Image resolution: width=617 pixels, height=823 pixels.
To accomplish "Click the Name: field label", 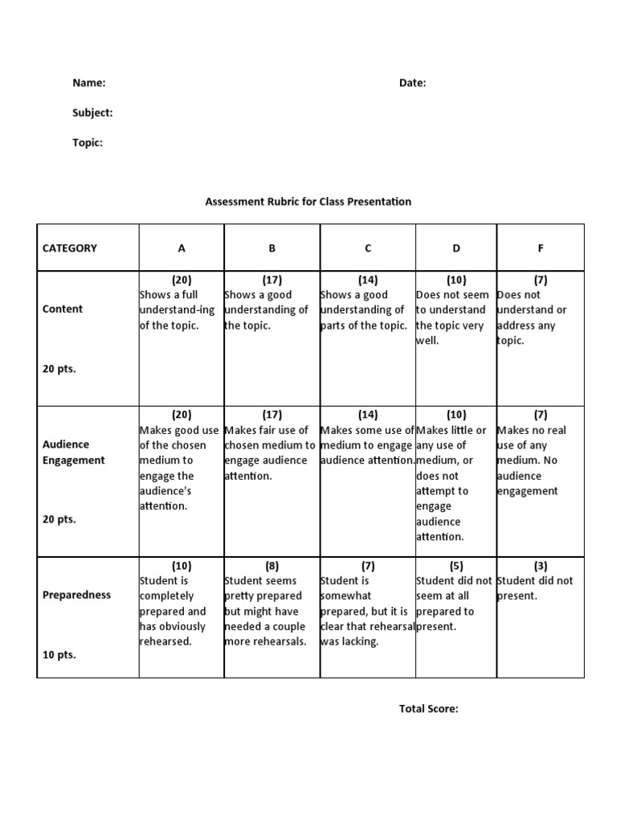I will pos(89,83).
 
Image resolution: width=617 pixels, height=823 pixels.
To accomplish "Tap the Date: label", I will pos(412,83).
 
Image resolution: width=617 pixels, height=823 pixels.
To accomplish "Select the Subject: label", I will pos(92,113).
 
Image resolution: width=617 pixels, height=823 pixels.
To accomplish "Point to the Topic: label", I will pos(88,142).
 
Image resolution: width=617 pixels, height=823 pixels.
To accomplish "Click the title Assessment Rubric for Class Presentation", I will pos(308,202).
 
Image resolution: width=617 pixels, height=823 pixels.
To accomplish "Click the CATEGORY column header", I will pos(69,248).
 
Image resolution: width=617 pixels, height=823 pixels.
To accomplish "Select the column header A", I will pos(182,248).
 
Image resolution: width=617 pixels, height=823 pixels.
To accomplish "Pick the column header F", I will pos(541,248).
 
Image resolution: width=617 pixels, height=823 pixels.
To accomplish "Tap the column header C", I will pos(368,248).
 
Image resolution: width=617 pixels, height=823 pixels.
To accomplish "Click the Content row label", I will pos(63,309).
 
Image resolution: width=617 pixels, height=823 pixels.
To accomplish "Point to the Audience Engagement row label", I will pos(74,452).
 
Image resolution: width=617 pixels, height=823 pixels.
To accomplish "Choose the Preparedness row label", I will pos(77,596).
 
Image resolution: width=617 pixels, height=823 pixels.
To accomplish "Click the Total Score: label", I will pos(429,709).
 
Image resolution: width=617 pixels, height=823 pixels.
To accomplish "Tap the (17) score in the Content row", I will pos(272,280).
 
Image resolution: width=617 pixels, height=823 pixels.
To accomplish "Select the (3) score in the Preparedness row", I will pos(541,566).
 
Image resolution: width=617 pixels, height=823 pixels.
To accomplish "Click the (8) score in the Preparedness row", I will pos(272,566).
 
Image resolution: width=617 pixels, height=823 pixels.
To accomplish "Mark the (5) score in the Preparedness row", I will pos(456,566).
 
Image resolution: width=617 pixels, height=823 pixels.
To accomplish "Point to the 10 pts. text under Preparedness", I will pos(59,655).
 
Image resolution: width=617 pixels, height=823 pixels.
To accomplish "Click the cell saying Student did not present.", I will pos(535,588).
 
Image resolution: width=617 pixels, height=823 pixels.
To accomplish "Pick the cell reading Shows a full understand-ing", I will pos(180,309).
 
